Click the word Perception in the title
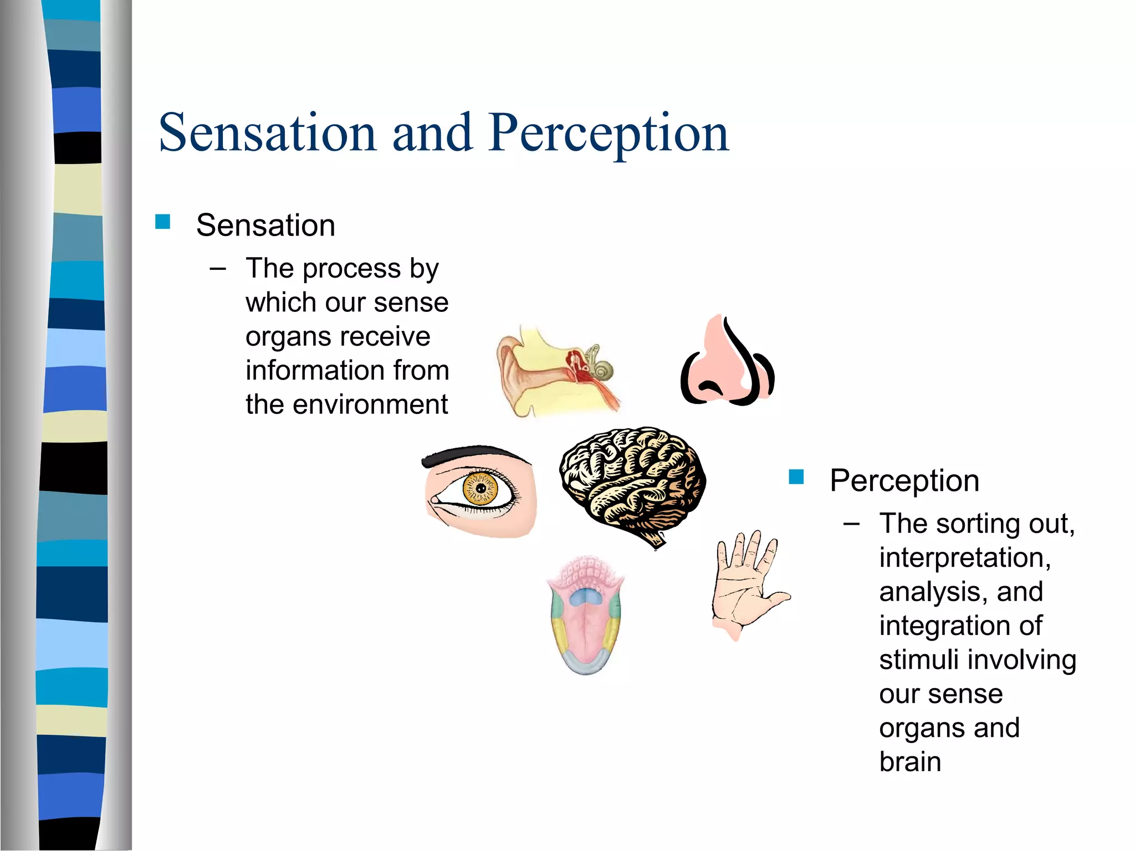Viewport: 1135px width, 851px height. tap(608, 133)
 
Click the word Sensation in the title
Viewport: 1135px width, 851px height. tap(268, 133)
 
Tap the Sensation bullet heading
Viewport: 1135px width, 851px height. tap(265, 225)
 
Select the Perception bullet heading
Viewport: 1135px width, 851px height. tap(904, 480)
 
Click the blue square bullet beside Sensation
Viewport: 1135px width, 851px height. tap(162, 222)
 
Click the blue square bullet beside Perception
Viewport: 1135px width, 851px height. tap(796, 476)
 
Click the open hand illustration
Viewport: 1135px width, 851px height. tap(743, 587)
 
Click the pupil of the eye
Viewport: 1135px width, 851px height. tap(480, 489)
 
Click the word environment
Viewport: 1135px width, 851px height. tap(370, 404)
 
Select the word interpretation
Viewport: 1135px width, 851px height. tap(964, 557)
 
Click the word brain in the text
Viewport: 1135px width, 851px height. tap(910, 762)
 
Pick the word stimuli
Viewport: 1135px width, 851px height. tap(918, 660)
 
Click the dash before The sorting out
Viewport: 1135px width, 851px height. tap(851, 524)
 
